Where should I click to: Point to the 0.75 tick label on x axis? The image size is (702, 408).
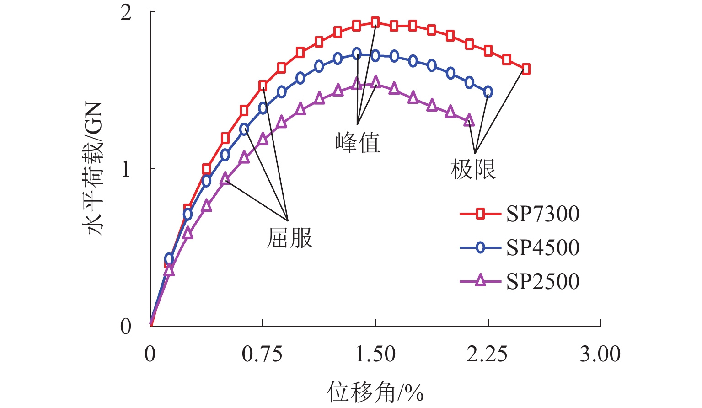(263, 354)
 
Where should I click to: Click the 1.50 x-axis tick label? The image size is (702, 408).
(375, 354)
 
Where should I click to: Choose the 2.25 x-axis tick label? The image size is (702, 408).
(488, 354)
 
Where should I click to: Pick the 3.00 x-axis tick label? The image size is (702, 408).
(600, 354)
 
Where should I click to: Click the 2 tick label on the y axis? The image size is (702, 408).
(126, 13)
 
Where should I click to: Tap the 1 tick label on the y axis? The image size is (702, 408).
(126, 169)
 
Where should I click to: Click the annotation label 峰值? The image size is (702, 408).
(358, 143)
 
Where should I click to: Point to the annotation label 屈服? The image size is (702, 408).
(289, 238)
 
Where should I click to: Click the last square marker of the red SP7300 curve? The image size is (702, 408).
(525, 69)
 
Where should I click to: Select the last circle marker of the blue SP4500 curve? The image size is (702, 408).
(488, 92)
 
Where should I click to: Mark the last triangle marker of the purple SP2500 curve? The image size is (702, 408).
(469, 121)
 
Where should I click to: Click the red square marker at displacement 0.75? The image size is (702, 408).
(263, 86)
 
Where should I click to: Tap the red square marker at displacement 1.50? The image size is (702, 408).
(375, 22)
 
